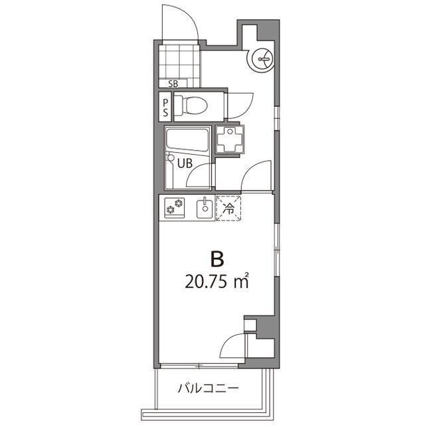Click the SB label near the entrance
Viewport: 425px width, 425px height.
(x=173, y=84)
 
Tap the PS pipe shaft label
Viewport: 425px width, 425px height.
(x=165, y=107)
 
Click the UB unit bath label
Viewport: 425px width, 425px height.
(x=185, y=161)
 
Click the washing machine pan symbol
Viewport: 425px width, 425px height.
(x=231, y=139)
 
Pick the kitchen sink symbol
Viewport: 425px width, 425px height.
(x=205, y=209)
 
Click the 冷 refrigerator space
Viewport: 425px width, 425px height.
(x=228, y=208)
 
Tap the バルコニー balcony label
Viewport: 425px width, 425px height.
(x=208, y=388)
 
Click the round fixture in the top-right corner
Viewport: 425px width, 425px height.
(x=260, y=60)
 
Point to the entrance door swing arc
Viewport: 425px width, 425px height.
(x=179, y=20)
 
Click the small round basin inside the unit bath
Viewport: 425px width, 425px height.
(x=171, y=159)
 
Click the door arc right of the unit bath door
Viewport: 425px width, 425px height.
(x=255, y=175)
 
